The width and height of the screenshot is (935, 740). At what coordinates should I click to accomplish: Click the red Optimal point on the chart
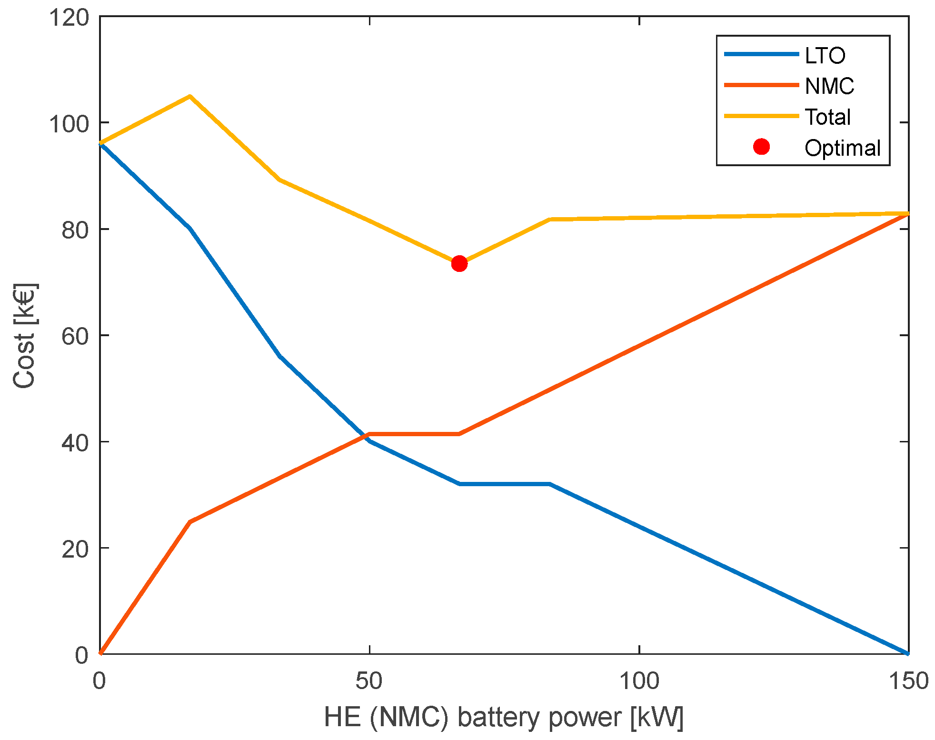click(x=459, y=263)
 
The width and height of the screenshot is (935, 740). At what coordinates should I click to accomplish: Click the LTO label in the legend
click(x=825, y=56)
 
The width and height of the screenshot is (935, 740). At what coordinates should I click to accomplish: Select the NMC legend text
click(x=829, y=86)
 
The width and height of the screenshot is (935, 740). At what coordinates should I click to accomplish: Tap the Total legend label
click(x=827, y=117)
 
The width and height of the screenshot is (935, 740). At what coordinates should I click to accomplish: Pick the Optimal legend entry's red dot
click(x=761, y=147)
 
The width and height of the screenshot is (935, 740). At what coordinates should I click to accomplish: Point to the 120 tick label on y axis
click(x=69, y=18)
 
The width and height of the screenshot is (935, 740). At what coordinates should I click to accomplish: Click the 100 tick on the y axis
click(x=69, y=124)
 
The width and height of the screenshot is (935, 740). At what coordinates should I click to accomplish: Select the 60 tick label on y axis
click(x=75, y=337)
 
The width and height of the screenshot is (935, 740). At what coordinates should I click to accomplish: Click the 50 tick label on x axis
click(x=369, y=681)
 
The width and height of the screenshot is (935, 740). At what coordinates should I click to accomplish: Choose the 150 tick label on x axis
click(x=908, y=681)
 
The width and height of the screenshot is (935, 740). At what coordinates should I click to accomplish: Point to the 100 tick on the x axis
click(x=638, y=681)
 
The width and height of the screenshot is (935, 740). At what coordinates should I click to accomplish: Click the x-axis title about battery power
click(x=504, y=717)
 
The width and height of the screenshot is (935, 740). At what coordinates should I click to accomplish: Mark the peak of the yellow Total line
click(x=189, y=96)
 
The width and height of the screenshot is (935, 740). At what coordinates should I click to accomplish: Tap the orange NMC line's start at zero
click(x=100, y=653)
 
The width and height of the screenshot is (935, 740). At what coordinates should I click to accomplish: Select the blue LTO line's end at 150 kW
click(x=907, y=653)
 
